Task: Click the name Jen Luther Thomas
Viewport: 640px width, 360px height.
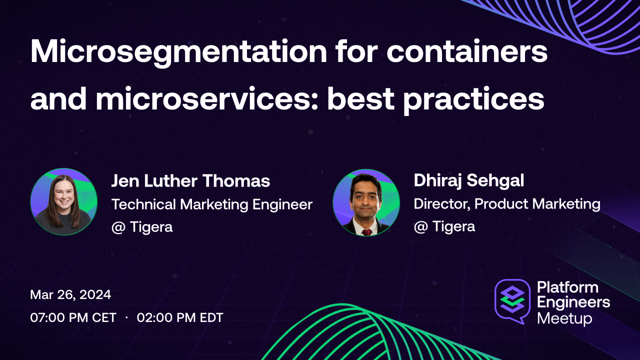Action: point(190,181)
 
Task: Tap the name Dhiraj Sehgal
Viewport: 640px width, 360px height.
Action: point(468,181)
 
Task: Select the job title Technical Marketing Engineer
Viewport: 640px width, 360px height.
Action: point(211,204)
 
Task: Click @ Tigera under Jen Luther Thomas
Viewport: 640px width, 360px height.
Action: point(142,226)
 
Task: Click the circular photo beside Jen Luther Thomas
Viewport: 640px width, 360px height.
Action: point(63,201)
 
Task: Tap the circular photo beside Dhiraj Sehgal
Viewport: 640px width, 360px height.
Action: point(366,202)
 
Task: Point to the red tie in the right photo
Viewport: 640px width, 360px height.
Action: point(367,231)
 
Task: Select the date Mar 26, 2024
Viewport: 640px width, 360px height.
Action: point(70,294)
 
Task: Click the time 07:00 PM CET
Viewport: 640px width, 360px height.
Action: point(73,317)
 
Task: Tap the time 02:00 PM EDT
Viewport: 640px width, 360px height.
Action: point(180,317)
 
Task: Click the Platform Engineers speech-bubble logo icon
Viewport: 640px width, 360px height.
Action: point(512,300)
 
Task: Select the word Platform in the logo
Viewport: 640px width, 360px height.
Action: point(567,287)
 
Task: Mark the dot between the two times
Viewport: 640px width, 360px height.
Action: point(126,317)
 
